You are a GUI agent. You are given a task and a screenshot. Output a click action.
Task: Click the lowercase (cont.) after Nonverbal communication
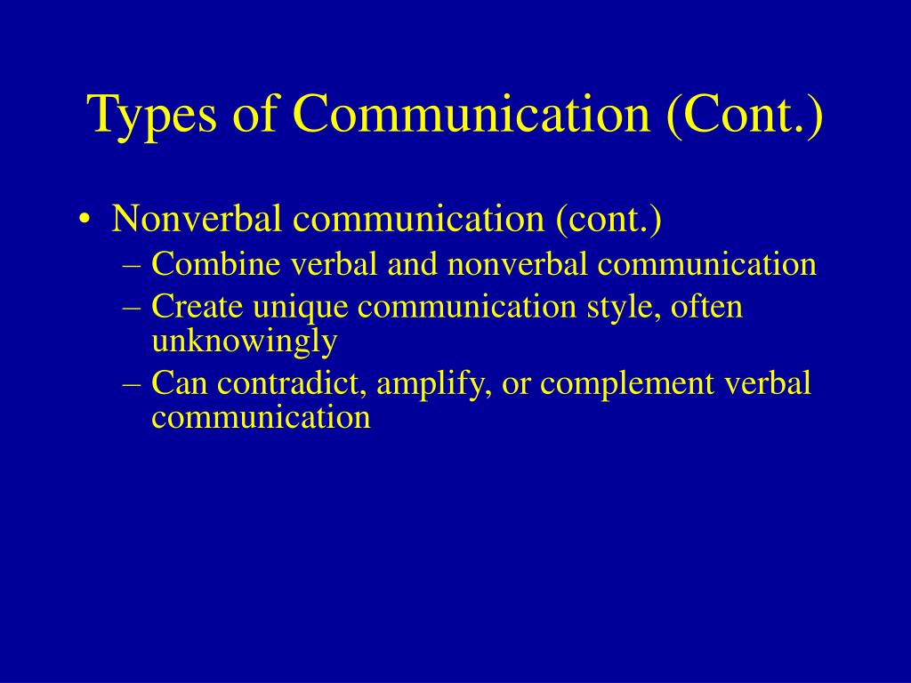[609, 220]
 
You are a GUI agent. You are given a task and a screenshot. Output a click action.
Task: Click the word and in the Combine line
[413, 263]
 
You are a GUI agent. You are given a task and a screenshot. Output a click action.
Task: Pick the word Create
[197, 306]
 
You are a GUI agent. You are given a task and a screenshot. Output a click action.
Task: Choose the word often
[706, 306]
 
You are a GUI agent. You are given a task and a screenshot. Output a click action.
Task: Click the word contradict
[292, 383]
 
